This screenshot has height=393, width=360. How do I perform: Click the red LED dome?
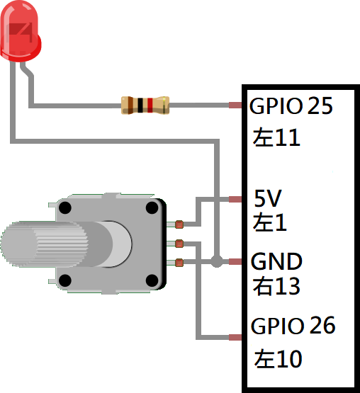[21, 31]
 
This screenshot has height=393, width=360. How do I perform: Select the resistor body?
[145, 106]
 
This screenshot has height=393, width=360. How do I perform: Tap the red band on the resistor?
[150, 106]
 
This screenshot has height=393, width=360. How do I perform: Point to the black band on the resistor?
[140, 106]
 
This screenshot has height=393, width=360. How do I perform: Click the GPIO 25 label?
[291, 106]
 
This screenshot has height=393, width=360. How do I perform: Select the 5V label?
[268, 198]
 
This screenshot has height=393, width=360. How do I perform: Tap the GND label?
[276, 261]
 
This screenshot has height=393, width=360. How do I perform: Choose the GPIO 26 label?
[293, 325]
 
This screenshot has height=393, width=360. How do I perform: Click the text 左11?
[276, 137]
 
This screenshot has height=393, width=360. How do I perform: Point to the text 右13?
[276, 286]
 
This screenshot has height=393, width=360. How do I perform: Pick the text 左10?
[278, 359]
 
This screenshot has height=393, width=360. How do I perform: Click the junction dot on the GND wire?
[217, 262]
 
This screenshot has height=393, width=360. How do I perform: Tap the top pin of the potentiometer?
[179, 224]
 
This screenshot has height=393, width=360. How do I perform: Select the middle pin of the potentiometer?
[179, 244]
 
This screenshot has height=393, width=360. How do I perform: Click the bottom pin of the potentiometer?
[179, 263]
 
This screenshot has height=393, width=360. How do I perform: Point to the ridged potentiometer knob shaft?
[45, 244]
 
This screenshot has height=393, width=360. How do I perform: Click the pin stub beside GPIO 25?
[235, 106]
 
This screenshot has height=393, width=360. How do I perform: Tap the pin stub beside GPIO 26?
[235, 337]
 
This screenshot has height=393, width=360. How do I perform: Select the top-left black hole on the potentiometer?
[65, 207]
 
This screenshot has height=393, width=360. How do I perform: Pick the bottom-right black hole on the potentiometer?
[152, 280]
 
